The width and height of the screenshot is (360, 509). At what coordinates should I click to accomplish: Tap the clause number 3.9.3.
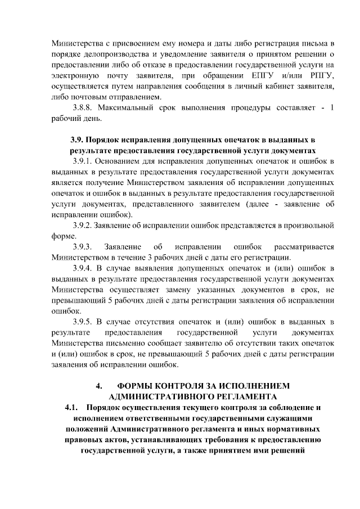[82, 247]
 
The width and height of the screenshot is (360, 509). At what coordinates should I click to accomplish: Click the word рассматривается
[303, 247]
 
